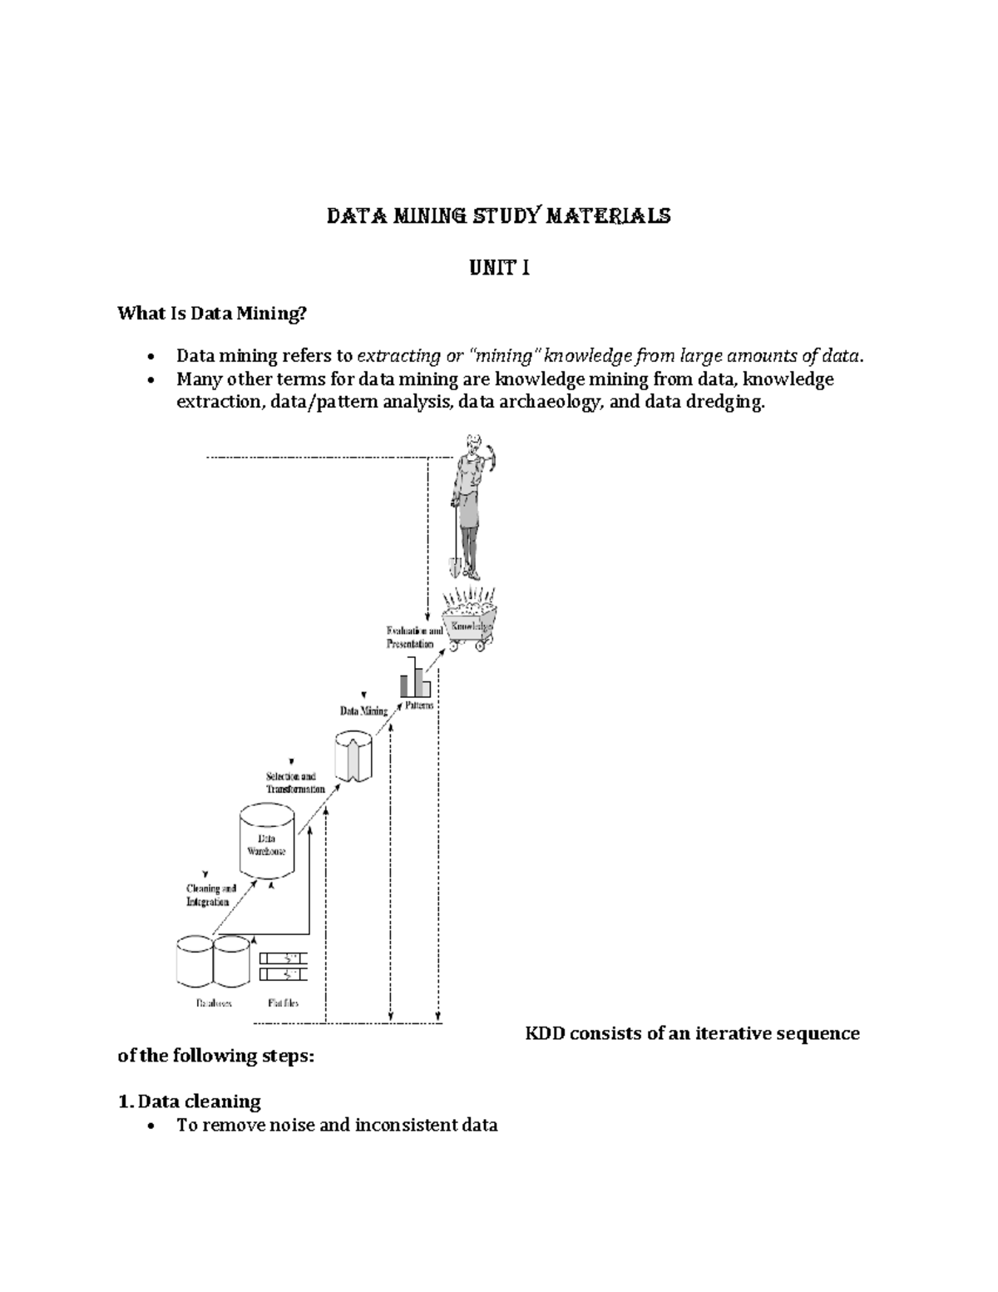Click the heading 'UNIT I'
tap(499, 269)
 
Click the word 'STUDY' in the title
tap(501, 216)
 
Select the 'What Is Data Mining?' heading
tap(212, 314)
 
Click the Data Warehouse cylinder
tap(266, 842)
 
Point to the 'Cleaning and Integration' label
tap(211, 895)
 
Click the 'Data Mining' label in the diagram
tap(363, 711)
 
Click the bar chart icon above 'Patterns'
tap(415, 678)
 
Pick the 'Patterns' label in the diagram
tap(419, 705)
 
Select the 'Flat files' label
tap(283, 1002)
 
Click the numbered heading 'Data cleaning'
tap(199, 1101)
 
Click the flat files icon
tap(283, 965)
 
